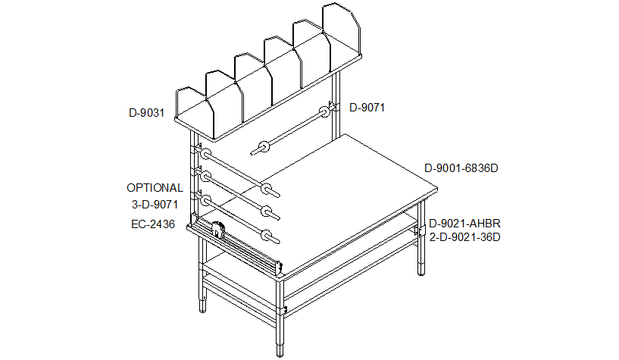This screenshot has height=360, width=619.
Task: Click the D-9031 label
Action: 146,113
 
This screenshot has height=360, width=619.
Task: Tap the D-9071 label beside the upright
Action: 367,108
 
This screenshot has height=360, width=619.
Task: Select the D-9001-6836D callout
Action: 461,168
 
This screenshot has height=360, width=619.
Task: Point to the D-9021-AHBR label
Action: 464,224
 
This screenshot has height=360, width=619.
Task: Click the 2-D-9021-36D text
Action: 464,237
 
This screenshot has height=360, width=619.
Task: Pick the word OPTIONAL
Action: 155,188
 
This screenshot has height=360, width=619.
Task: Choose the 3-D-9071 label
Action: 155,205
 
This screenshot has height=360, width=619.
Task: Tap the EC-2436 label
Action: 153,224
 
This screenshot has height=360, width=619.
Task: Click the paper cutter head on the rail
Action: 218,230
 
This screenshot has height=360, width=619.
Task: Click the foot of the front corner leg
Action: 280,349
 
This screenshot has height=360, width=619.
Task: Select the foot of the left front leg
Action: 202,305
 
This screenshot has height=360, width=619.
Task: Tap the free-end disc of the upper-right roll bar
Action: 264,147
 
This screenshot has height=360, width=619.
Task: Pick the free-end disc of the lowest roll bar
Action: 267,235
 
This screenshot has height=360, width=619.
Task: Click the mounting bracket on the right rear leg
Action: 419,230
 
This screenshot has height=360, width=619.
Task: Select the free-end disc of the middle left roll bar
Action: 267,211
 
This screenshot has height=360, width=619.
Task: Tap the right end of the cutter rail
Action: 280,268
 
